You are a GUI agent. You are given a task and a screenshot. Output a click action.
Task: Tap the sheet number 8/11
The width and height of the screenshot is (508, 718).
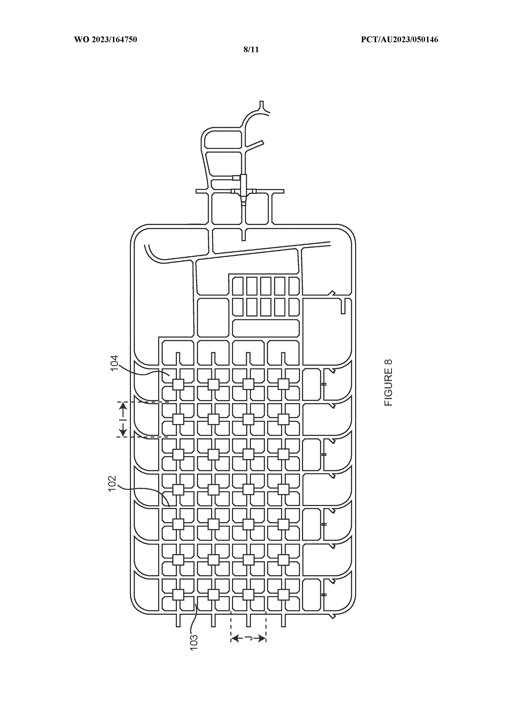coord(251,49)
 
